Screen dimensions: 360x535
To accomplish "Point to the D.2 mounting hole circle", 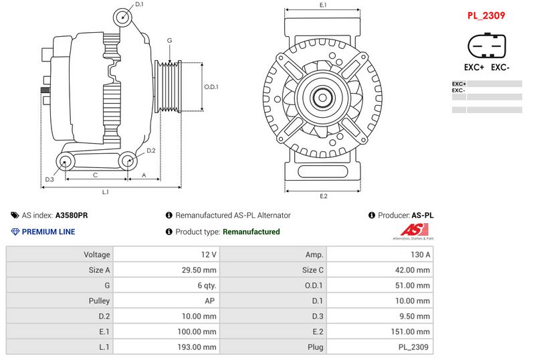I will point(128,161).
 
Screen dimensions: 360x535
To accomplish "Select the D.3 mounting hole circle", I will point(66,161).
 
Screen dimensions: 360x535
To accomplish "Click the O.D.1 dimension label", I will point(211,86).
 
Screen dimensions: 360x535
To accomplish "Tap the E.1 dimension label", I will point(323,5).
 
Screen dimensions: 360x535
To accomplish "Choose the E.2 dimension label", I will point(323,196).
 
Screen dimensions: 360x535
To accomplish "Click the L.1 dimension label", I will point(105,193).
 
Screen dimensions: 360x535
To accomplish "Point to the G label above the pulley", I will point(170,41).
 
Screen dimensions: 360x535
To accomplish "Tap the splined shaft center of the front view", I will point(322,98).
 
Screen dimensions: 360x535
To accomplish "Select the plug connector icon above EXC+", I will point(487,47).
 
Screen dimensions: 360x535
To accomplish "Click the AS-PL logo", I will point(413,232).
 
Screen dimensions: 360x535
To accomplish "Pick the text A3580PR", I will point(72,215).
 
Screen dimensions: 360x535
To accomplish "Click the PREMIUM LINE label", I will point(48,232).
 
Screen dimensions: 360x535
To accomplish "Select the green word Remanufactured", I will point(251,232).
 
